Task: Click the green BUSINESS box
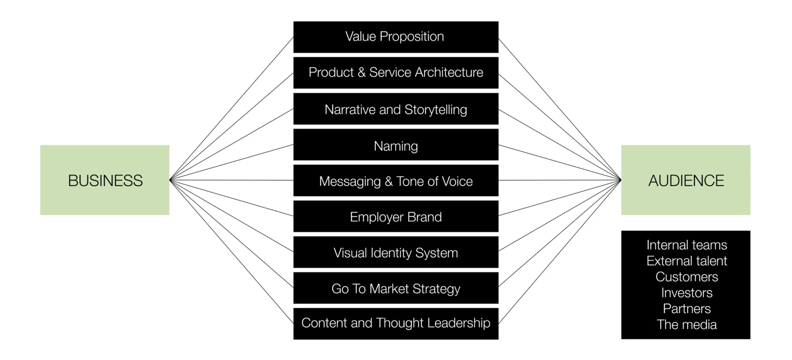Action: click(x=105, y=180)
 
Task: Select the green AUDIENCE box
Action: click(x=686, y=180)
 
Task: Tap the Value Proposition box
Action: click(x=396, y=37)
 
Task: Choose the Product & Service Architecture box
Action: click(x=396, y=73)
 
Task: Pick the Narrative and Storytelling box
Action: click(x=396, y=109)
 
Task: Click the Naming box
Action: click(x=396, y=145)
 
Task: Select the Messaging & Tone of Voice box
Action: click(x=396, y=180)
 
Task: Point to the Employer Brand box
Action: click(x=396, y=216)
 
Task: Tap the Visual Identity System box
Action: click(x=396, y=252)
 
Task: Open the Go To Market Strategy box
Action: click(x=396, y=288)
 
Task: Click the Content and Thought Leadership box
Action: click(x=396, y=324)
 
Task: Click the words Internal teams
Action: click(x=687, y=245)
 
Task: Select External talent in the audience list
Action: click(x=687, y=261)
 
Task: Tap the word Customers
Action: click(x=687, y=277)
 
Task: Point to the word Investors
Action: click(x=687, y=293)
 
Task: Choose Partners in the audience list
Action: click(x=687, y=309)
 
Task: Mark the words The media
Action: click(x=687, y=324)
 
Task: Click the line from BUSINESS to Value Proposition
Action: click(x=232, y=108)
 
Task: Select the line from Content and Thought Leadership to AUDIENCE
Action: click(x=560, y=252)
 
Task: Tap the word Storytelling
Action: click(x=436, y=110)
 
